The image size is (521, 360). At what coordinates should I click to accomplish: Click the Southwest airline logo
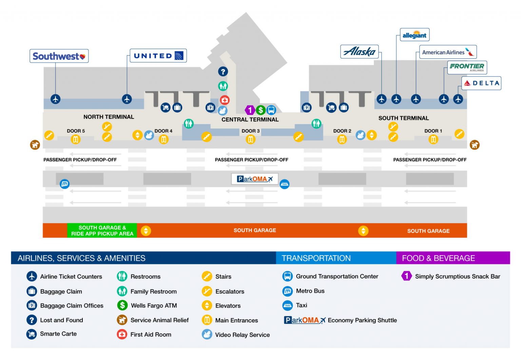coord(59,56)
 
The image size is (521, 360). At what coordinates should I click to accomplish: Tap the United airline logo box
coord(158,56)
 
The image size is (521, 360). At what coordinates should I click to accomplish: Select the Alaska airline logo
coord(359,52)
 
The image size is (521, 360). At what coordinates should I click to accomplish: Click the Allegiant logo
coord(414,35)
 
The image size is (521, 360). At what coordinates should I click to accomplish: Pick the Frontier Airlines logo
coord(467,67)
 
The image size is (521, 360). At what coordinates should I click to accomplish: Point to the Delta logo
coord(481,83)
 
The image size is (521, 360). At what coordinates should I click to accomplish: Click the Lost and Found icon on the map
coord(223,72)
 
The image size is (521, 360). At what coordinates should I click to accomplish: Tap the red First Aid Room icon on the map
coord(225,100)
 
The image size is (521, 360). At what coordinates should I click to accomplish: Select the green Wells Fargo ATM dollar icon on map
coord(260,110)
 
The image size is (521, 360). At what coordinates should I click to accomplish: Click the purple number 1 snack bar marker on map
coord(250,110)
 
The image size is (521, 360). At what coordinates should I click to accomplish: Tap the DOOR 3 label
coord(250,131)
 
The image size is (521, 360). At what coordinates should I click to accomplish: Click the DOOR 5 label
coord(76,131)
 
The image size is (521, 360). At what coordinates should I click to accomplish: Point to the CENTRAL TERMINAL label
coord(250,120)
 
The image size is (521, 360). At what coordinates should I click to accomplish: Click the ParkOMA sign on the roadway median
coord(254,179)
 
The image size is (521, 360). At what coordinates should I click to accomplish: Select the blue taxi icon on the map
coord(284,184)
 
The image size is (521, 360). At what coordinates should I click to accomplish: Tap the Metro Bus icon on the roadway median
coord(64,184)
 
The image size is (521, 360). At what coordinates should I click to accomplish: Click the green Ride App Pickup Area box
coord(102,230)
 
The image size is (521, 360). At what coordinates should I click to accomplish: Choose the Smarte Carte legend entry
coord(58,334)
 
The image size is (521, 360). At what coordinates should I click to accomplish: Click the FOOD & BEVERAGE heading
coord(438,258)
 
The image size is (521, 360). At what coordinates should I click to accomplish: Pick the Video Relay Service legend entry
coord(242,335)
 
